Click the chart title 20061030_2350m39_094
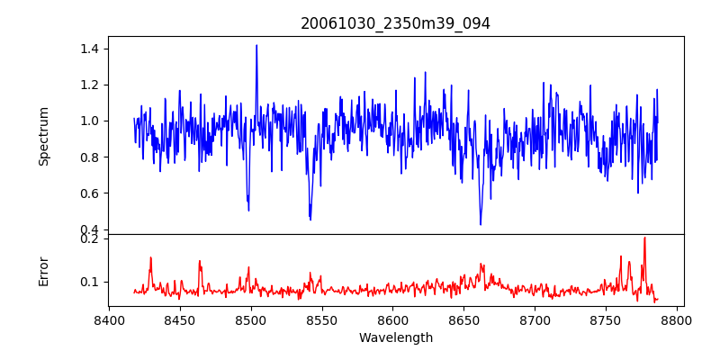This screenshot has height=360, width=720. click(x=395, y=23)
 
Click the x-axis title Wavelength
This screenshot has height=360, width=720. click(x=395, y=337)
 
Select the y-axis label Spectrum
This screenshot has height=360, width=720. click(x=44, y=136)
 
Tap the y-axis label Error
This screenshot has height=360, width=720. click(x=44, y=270)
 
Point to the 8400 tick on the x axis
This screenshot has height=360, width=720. click(x=109, y=319)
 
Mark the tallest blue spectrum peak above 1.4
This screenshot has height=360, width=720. click(x=256, y=45)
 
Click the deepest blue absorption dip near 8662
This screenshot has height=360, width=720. click(x=481, y=224)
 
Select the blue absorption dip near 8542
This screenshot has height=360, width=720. click(x=310, y=219)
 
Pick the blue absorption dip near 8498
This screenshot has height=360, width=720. click(x=248, y=210)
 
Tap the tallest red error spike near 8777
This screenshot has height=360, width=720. click(x=644, y=238)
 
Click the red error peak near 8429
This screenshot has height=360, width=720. click(x=150, y=257)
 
